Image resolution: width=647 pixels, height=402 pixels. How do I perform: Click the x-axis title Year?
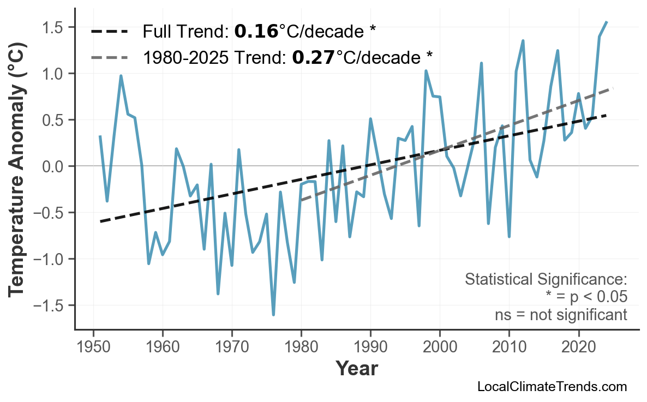tap(356, 369)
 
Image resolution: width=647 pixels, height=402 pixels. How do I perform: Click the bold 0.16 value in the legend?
tap(256, 32)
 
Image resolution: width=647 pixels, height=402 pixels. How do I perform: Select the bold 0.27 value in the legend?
tap(313, 57)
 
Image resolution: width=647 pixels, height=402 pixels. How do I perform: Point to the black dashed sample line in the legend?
tap(110, 32)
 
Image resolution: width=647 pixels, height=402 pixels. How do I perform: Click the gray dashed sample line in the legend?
tap(110, 57)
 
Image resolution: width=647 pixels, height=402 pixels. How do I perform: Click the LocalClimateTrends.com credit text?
tap(552, 387)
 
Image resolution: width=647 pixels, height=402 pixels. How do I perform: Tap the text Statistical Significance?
tap(546, 280)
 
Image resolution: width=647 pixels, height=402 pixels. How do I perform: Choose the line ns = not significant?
tap(561, 315)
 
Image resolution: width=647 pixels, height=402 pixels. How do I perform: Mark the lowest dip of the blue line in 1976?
tap(273, 315)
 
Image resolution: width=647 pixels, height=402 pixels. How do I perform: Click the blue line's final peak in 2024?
tap(607, 22)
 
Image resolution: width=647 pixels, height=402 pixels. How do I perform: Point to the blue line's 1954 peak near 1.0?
tap(121, 76)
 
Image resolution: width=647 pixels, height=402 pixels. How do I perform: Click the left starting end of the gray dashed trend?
tap(301, 200)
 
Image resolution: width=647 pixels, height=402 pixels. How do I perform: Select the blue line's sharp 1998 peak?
tap(426, 70)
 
